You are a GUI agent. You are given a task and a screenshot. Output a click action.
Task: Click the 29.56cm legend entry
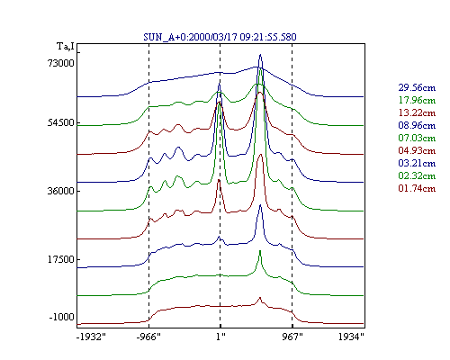coord(417,87)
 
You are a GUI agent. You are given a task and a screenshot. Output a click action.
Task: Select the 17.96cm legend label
coord(417,100)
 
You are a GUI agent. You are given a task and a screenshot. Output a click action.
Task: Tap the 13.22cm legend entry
coord(417,112)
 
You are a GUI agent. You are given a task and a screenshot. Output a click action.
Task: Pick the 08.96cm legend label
coord(417,125)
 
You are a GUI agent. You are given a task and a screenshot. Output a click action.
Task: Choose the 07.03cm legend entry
coord(417,138)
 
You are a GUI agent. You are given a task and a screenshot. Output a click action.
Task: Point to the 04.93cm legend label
coord(417,150)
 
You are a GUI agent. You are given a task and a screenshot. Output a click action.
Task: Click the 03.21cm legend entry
coord(417,163)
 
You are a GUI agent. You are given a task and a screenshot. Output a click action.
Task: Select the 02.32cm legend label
coord(417,175)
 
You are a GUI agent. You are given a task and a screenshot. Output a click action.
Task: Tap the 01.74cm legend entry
coord(417,188)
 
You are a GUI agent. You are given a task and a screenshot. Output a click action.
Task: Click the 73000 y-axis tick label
coord(60,63)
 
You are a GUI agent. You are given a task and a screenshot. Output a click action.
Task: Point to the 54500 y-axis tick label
coord(60,123)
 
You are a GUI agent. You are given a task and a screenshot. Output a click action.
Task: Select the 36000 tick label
coord(60,191)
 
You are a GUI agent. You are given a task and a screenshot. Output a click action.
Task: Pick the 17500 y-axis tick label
coord(60,259)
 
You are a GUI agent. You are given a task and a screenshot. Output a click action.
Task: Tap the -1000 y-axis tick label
coord(61,317)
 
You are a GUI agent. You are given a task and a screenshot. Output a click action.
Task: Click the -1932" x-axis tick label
coord(91,337)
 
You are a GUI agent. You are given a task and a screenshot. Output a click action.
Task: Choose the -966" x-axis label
coord(148,337)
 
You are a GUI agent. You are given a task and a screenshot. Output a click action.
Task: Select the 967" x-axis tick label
coord(292,337)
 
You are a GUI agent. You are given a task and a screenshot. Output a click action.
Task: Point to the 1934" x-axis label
coord(351,337)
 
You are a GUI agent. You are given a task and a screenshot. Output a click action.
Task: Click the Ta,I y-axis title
coord(65,47)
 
